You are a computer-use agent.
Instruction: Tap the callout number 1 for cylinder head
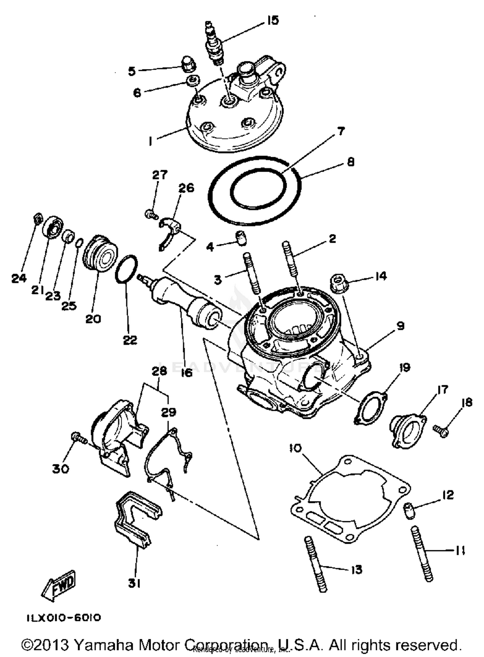pyautogui.click(x=150, y=141)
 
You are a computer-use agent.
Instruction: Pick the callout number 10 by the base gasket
pyautogui.click(x=295, y=448)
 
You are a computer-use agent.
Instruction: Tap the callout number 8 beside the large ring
pyautogui.click(x=350, y=162)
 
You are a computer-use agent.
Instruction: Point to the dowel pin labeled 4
pyautogui.click(x=241, y=238)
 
